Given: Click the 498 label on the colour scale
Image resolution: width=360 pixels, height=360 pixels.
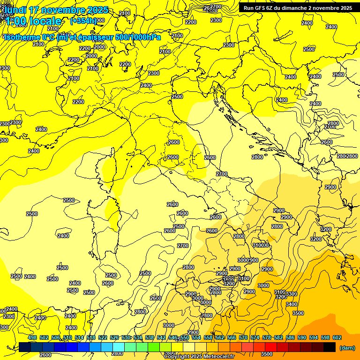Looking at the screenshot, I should pos(32,337).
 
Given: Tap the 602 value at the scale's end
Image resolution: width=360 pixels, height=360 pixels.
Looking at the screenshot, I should pos(337,337).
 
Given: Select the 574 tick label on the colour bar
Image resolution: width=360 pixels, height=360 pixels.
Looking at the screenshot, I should pos(255,337).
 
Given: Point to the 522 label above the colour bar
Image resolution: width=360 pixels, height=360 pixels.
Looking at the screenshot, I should pos(103,337).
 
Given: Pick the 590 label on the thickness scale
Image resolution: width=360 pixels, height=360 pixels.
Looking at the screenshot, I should pos(302,337).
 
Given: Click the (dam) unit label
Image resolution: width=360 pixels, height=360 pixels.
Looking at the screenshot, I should pos(347,347).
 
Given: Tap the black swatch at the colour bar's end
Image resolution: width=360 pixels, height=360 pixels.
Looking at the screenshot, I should pos(330,347).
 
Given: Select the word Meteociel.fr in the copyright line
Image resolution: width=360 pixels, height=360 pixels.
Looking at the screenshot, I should pos(219,357).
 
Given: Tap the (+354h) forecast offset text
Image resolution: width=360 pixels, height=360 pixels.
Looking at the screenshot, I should pos(83,21).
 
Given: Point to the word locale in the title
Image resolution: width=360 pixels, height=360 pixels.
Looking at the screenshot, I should pos(45,21).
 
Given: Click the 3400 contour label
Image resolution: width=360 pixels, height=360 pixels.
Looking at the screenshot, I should pos(291,304).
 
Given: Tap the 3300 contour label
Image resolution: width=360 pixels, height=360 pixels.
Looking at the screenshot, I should pos(292,294).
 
